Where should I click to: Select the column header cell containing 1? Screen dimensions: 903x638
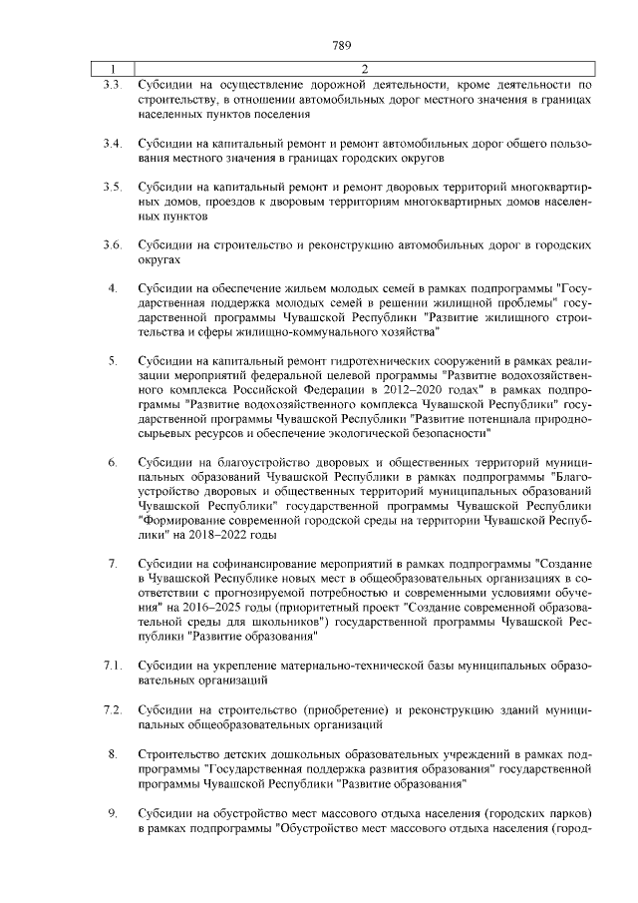coord(113,69)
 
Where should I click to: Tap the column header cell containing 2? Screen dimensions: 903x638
coord(363,69)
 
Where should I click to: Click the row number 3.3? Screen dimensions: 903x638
coord(112,86)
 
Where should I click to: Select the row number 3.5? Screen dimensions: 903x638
coord(112,187)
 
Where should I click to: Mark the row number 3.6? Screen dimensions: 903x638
coord(112,244)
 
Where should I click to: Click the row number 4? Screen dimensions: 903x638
coord(113,288)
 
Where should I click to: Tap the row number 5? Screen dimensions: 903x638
coord(113,360)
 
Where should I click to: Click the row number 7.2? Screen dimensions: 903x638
coord(112,709)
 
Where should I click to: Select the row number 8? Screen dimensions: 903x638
coord(113,752)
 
